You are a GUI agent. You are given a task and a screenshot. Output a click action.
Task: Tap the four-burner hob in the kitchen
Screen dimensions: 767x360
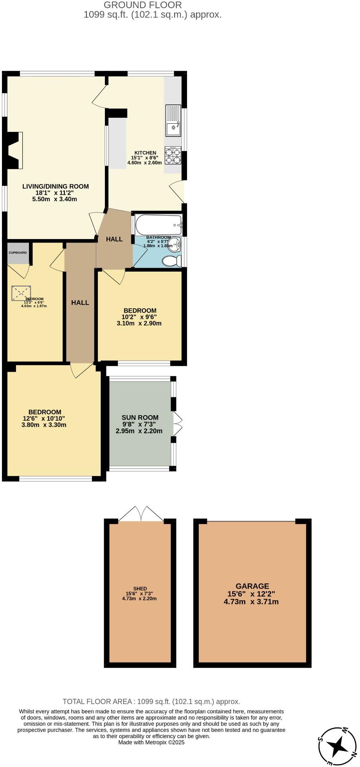pyautogui.click(x=173, y=155)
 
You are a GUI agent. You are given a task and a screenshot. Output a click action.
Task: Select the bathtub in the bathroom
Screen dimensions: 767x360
pyautogui.click(x=158, y=225)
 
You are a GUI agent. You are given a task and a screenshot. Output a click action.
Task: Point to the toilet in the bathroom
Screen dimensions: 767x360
pyautogui.click(x=172, y=261)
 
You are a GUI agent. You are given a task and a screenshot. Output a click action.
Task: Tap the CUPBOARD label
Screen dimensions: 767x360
pyautogui.click(x=18, y=253)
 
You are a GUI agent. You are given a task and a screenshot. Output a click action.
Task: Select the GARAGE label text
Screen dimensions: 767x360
pyautogui.click(x=252, y=586)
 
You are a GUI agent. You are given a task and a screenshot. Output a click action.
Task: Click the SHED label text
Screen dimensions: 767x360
pyautogui.click(x=140, y=589)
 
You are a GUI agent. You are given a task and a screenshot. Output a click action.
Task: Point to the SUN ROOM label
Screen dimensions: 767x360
pyautogui.click(x=140, y=418)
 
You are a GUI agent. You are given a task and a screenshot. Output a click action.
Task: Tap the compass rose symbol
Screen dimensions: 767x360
pyautogui.click(x=338, y=746)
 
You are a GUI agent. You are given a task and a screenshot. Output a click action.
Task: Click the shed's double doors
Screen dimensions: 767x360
pyautogui.click(x=141, y=514)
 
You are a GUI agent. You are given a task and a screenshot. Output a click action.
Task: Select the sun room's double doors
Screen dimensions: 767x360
pyautogui.click(x=178, y=424)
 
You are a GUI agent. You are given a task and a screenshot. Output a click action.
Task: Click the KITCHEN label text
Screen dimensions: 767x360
pyautogui.click(x=145, y=153)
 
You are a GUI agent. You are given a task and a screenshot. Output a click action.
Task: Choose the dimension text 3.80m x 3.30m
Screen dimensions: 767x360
pyautogui.click(x=44, y=425)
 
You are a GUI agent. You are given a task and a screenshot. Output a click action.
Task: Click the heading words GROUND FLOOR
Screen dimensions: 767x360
pyautogui.click(x=143, y=5)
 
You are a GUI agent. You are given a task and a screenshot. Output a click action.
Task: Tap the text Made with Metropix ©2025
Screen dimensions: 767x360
pyautogui.click(x=151, y=742)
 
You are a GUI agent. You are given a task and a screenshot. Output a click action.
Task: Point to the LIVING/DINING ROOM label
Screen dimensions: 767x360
pyautogui.click(x=56, y=186)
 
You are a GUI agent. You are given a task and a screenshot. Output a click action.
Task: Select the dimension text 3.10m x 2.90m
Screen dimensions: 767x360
pyautogui.click(x=139, y=323)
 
